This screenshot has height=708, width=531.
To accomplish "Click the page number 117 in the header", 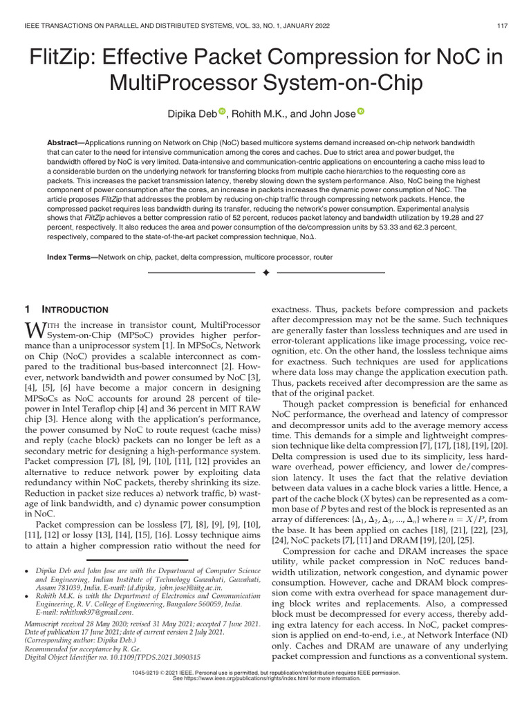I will [x=503, y=26].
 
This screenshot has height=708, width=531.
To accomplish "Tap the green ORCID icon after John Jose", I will [x=361, y=111].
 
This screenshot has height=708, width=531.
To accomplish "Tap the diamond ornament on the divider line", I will [x=265, y=274].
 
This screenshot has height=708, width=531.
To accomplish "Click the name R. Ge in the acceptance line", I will [x=129, y=648].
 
